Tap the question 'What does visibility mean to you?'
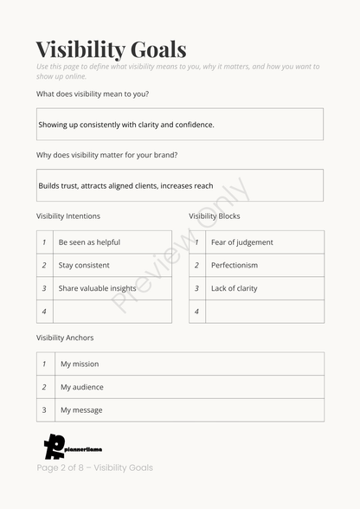pyautogui.click(x=93, y=93)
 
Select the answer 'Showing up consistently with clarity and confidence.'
pyautogui.click(x=126, y=125)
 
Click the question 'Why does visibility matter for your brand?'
pyautogui.click(x=107, y=155)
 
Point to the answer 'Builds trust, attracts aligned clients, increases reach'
pyautogui.click(x=125, y=185)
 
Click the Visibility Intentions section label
pyautogui.click(x=68, y=216)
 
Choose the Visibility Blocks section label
pyautogui.click(x=215, y=216)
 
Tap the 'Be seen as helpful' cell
pyautogui.click(x=89, y=242)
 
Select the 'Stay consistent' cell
pyautogui.click(x=84, y=266)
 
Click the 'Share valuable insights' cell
pyautogui.click(x=97, y=288)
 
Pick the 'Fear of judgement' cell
pyautogui.click(x=242, y=242)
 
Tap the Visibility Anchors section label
pyautogui.click(x=65, y=338)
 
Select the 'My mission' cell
pyautogui.click(x=80, y=364)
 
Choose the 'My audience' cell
pyautogui.click(x=81, y=387)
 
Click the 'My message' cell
pyautogui.click(x=81, y=410)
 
